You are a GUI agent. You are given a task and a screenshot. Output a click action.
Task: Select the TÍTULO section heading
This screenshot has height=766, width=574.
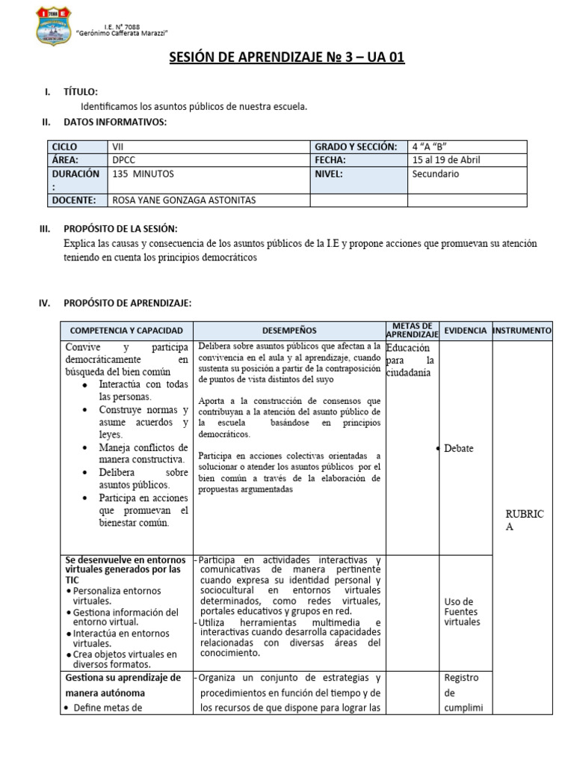click(80, 91)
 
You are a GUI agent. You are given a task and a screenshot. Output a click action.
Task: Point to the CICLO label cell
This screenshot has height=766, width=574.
click(65, 147)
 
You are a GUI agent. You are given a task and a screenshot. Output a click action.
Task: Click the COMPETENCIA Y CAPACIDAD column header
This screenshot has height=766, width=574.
click(126, 330)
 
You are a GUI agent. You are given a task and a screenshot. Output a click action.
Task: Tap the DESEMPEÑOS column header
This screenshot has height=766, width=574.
click(289, 330)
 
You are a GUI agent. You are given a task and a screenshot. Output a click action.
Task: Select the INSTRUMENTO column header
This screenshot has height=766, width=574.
click(522, 330)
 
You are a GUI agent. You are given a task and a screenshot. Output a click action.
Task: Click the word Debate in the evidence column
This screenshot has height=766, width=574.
click(458, 448)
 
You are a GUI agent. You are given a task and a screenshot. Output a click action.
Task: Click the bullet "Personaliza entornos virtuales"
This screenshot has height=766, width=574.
click(120, 595)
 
